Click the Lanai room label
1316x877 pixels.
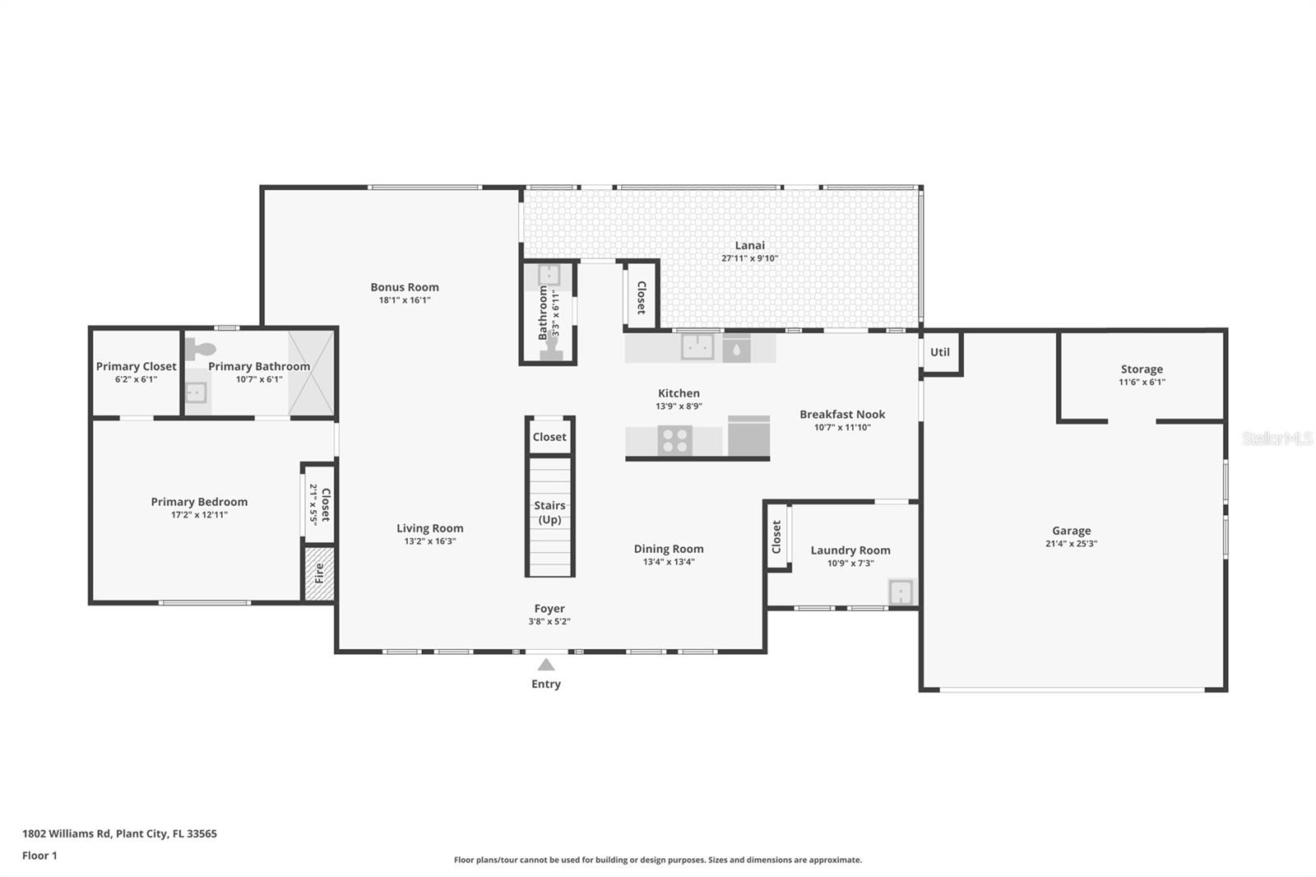749,245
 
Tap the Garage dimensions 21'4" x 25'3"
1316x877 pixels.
1071,544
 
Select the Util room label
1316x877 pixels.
939,352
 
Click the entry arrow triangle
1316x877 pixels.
546,665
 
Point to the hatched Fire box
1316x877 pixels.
319,573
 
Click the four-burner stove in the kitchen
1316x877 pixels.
674,440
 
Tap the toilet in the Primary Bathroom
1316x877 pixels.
200,349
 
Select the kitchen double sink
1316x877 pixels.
697,347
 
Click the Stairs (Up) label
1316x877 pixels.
549,513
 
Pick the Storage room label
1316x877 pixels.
1142,369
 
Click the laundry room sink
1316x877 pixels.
901,592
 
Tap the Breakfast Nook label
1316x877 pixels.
842,415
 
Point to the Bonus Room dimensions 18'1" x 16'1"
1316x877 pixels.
404,300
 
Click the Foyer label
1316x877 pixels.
549,609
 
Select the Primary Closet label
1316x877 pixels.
136,367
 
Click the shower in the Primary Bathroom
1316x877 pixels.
311,374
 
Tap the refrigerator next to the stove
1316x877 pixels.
748,435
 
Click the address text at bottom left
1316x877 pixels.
119,833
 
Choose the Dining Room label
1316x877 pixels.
669,549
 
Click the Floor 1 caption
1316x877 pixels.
39,856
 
